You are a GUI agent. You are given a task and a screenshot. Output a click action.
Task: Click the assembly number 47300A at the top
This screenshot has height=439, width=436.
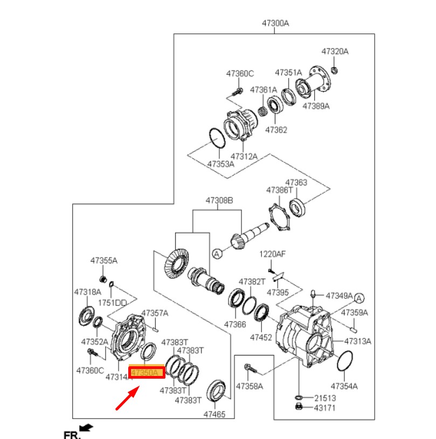[275, 23]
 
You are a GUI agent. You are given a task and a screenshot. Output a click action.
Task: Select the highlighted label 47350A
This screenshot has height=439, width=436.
[146, 373]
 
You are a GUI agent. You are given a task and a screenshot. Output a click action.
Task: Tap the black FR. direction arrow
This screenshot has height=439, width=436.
[86, 428]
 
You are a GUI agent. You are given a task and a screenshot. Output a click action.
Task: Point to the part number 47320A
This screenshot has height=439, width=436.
[335, 52]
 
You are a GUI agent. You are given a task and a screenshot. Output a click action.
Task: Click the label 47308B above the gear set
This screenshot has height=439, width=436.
[218, 200]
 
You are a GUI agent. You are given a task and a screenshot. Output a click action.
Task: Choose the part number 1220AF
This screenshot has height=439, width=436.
[272, 254]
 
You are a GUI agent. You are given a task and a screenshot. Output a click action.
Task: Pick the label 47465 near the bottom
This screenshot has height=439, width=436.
[214, 414]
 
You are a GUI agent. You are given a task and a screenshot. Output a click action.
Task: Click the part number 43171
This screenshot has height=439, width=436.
[325, 407]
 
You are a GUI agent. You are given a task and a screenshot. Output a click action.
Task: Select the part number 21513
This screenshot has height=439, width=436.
[325, 398]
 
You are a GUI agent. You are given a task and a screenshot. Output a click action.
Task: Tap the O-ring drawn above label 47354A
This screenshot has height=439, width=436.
[344, 361]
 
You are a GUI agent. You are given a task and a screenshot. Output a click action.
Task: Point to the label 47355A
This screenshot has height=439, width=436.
[103, 261]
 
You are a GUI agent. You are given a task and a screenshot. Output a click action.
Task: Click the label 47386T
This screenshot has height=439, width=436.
[279, 190]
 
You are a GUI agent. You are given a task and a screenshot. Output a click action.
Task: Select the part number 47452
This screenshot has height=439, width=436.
[261, 337]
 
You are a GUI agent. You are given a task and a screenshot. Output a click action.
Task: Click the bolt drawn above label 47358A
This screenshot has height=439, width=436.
[252, 369]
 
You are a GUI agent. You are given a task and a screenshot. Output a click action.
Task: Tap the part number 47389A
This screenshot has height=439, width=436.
[316, 106]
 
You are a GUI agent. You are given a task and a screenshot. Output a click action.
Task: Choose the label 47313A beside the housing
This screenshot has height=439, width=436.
[358, 341]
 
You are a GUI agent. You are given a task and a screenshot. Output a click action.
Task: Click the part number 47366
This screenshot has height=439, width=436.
[235, 325]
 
